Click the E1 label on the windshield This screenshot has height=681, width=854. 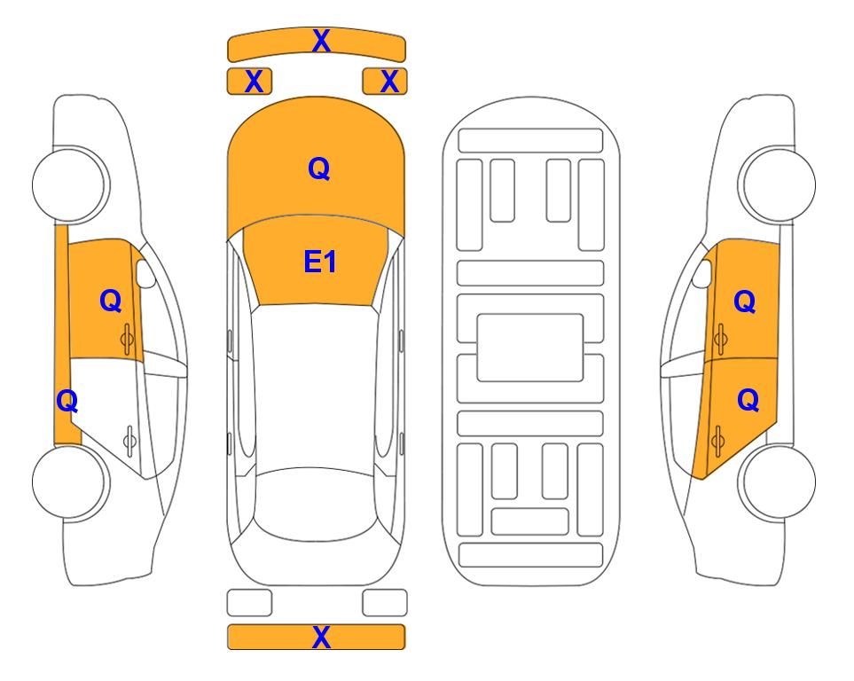point(320,262)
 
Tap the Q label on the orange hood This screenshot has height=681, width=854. point(319,168)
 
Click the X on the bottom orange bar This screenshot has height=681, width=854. point(321,637)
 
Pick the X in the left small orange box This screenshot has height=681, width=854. point(254,82)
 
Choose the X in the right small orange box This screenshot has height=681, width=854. point(389,82)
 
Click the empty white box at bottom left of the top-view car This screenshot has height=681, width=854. point(249,603)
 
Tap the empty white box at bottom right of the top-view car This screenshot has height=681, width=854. point(385,603)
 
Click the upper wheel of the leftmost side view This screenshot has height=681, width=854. point(70,184)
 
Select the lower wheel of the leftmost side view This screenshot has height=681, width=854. point(70,481)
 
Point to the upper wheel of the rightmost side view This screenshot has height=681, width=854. point(777,184)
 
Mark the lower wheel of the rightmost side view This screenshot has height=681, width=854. point(777,481)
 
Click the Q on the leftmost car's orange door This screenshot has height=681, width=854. point(111,301)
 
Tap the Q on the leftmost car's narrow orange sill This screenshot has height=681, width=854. point(67,402)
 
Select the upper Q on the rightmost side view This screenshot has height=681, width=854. point(745,301)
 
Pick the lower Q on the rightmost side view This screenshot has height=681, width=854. point(748,401)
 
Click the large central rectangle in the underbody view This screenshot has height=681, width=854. point(530,348)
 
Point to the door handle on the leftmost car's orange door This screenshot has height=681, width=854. point(127,340)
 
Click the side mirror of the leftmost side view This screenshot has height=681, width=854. point(145,273)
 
